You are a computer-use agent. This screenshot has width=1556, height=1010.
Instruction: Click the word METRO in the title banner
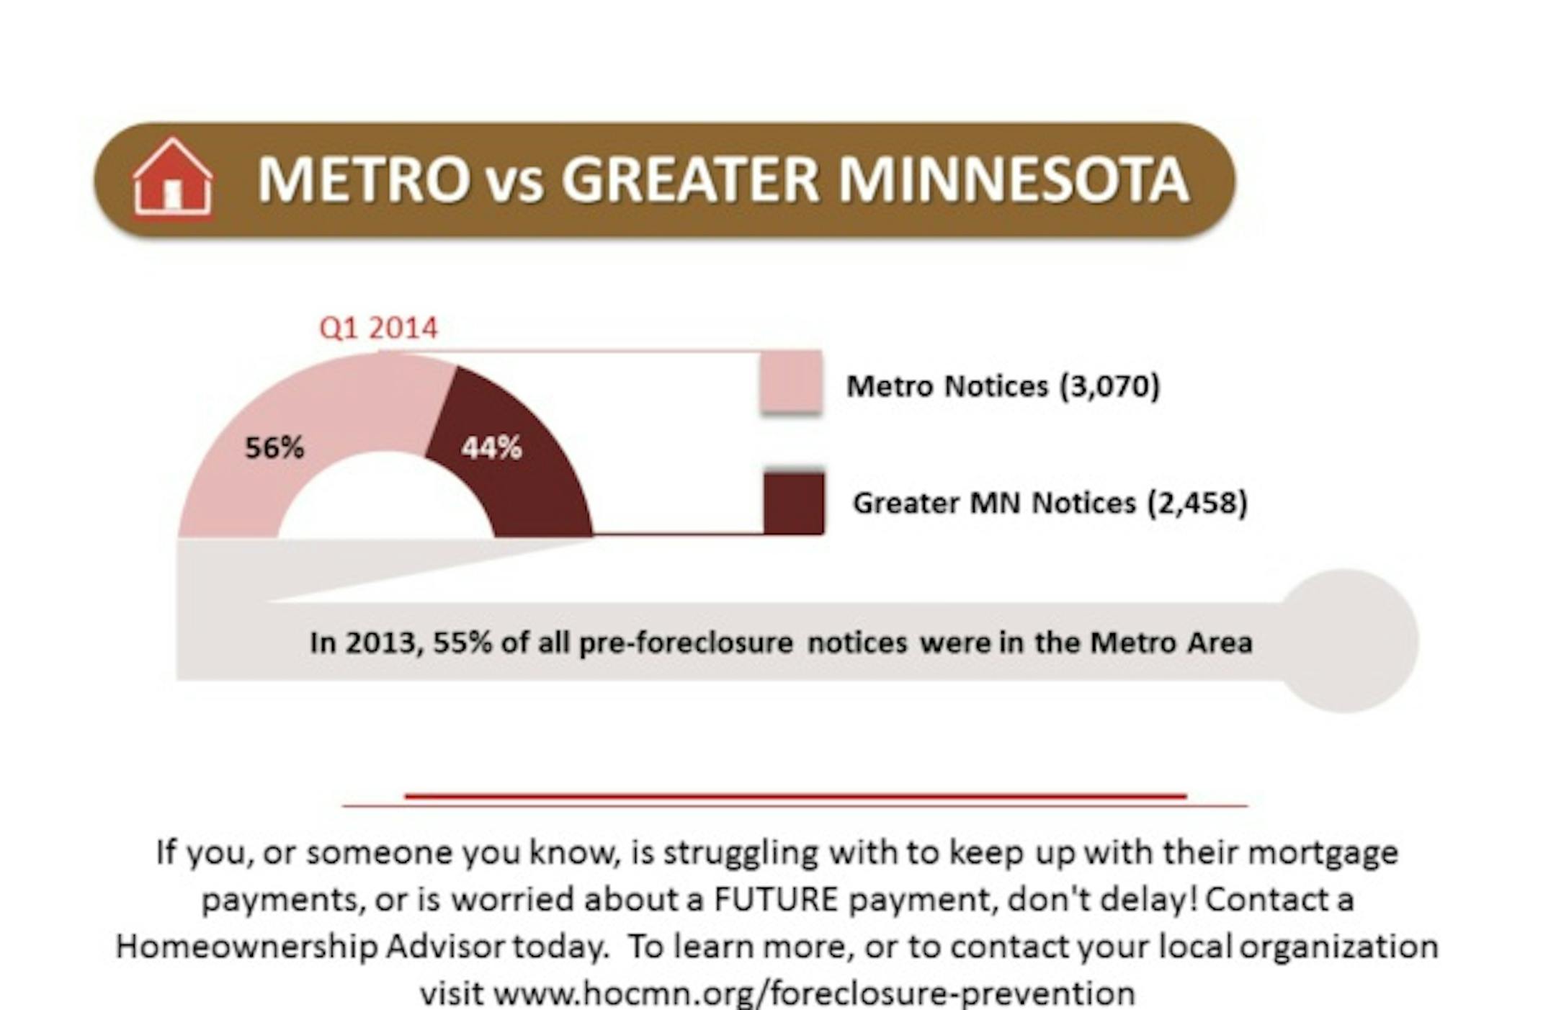pyautogui.click(x=364, y=179)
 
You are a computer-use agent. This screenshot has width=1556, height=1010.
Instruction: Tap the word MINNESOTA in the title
pyautogui.click(x=1014, y=179)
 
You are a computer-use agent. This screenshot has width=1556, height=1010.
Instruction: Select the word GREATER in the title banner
pyautogui.click(x=690, y=179)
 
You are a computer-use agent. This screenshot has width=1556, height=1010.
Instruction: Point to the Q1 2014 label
pyautogui.click(x=378, y=329)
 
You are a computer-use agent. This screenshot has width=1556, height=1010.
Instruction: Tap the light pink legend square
pyautogui.click(x=792, y=382)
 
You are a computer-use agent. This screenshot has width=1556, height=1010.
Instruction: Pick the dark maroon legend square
pyautogui.click(x=793, y=503)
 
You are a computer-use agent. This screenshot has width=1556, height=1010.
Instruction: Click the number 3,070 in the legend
pyautogui.click(x=1109, y=386)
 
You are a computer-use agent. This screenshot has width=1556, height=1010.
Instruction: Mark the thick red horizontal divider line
pyautogui.click(x=796, y=796)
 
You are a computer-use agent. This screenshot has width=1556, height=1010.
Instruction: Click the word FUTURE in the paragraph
pyautogui.click(x=776, y=900)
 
